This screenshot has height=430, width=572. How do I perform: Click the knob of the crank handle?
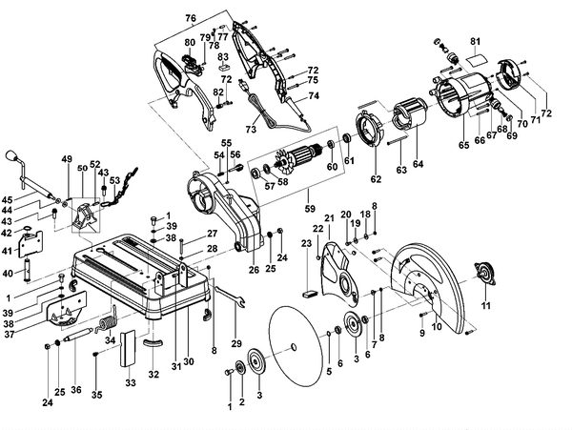point(12,155)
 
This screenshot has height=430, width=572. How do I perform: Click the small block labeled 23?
point(309,294)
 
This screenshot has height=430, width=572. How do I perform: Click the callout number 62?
point(375,177)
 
